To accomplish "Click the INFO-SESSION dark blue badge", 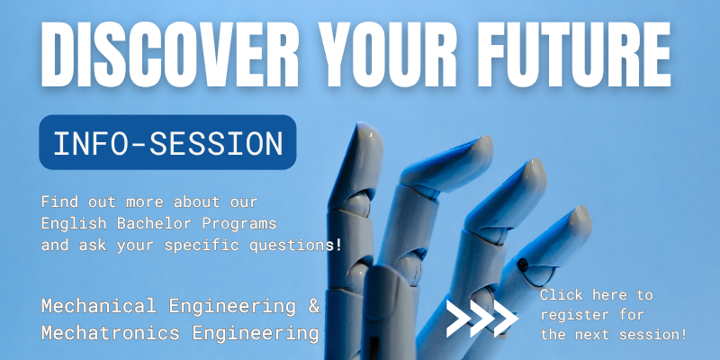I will click(x=167, y=142).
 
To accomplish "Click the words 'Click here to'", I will click(x=596, y=295).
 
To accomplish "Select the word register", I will click(x=572, y=315).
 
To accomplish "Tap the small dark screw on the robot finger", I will click(x=523, y=265).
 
